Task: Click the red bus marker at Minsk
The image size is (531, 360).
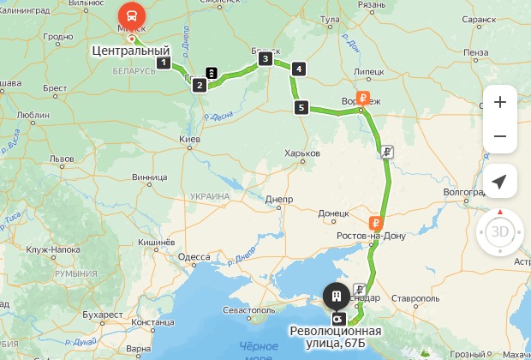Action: pyautogui.click(x=131, y=15)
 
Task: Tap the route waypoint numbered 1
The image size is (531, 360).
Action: pyautogui.click(x=162, y=62)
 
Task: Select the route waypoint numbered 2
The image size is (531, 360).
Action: pyautogui.click(x=199, y=85)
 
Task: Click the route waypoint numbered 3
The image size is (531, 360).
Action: pyautogui.click(x=265, y=59)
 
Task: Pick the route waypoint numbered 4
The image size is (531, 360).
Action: pyautogui.click(x=298, y=69)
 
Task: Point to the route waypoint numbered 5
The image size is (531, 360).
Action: pyautogui.click(x=300, y=107)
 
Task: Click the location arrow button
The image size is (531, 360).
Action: pyautogui.click(x=499, y=181)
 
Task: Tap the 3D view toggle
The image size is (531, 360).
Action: pyautogui.click(x=499, y=231)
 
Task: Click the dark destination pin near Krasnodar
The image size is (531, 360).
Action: pyautogui.click(x=335, y=296)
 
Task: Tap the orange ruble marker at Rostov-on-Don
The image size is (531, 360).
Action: pyautogui.click(x=375, y=223)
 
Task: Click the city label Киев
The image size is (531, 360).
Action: pyautogui.click(x=189, y=139)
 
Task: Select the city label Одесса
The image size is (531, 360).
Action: pyautogui.click(x=194, y=257)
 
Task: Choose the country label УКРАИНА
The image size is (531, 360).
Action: pyautogui.click(x=210, y=196)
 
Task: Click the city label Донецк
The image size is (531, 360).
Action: pyautogui.click(x=334, y=213)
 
